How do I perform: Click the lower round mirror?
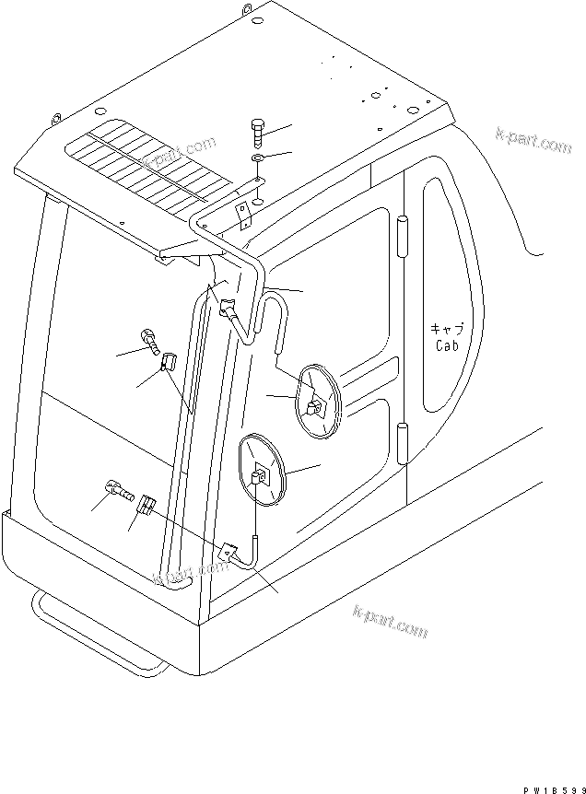tap(262, 473)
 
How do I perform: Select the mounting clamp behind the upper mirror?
tap(314, 403)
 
